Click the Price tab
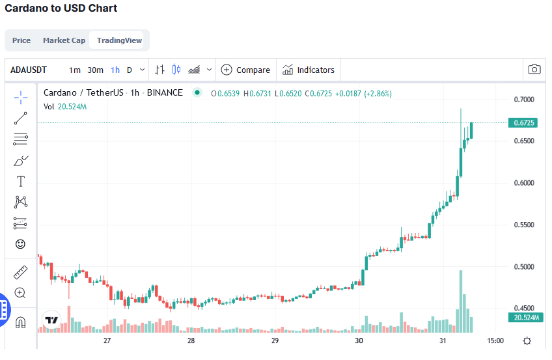point(21,40)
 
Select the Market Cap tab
point(64,40)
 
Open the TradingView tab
point(119,40)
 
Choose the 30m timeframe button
point(96,70)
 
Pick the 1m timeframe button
point(75,70)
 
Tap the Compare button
point(245,70)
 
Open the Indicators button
point(309,70)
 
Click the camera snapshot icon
point(534,70)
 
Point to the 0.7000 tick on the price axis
point(524,100)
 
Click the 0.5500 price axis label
point(524,225)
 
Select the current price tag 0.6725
point(524,122)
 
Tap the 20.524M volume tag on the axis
point(524,318)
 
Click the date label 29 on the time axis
point(275,340)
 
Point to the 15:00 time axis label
point(495,340)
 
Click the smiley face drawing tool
point(20,244)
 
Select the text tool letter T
point(20,181)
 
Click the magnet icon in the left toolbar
point(20,322)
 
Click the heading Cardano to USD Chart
point(61,8)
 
